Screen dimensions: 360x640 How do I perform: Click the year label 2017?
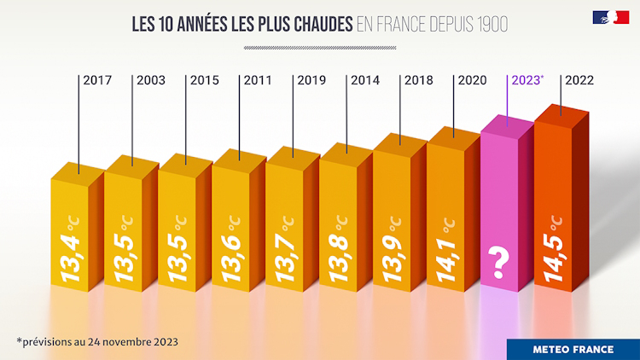97,80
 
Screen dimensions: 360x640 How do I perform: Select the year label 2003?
151,80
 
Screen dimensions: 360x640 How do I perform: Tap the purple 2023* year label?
526,80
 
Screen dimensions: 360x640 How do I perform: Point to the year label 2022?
579,80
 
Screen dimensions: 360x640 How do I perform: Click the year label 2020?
472,80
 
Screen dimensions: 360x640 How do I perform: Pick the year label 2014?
365,80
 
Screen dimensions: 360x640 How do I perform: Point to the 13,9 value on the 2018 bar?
394,251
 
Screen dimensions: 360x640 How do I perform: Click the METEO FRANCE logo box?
573,349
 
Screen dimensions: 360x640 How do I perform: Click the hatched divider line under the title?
319,48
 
